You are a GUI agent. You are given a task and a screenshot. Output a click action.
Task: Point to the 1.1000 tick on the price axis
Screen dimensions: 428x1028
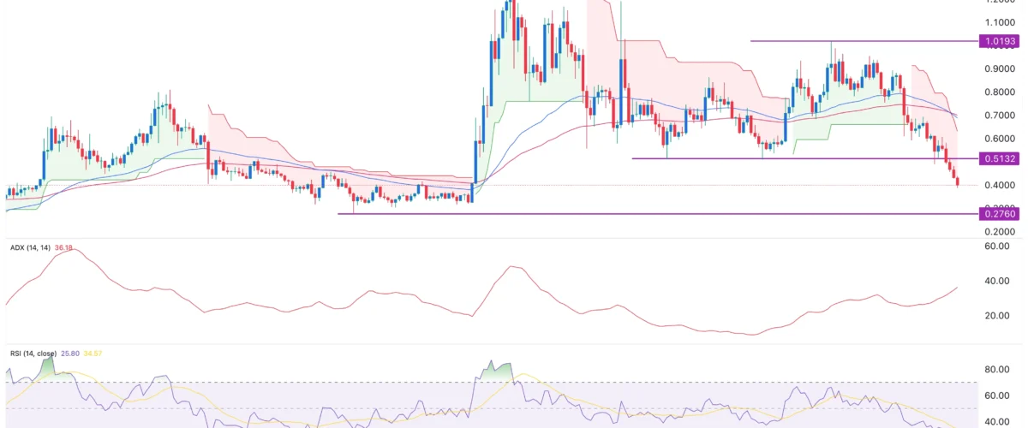(x=999, y=22)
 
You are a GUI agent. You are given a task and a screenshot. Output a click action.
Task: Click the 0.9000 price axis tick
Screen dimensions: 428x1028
(x=999, y=68)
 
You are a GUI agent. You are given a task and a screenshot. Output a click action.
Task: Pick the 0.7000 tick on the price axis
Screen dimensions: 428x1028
(x=999, y=115)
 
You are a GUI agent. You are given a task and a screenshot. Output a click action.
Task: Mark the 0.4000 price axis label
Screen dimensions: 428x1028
(x=999, y=185)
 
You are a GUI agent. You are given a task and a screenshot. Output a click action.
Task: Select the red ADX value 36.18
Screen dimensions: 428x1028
(x=64, y=248)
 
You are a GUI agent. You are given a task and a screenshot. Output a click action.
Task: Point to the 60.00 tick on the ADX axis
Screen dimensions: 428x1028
(x=997, y=247)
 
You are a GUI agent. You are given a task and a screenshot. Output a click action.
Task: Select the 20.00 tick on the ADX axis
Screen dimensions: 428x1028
(x=997, y=316)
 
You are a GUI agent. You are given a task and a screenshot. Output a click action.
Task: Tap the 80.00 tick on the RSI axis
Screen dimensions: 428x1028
(x=997, y=370)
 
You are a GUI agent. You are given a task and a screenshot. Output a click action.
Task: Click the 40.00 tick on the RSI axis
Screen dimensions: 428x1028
(x=997, y=421)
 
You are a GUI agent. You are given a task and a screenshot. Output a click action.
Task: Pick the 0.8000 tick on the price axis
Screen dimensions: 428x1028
(x=999, y=92)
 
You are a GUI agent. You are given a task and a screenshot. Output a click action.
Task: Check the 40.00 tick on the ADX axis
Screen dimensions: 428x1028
(x=997, y=281)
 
